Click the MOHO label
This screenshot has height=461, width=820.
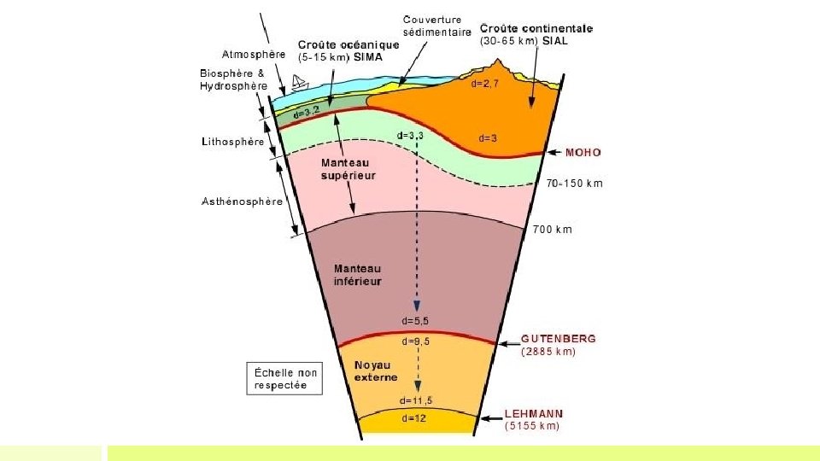(x=583, y=153)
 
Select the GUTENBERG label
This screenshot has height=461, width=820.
(x=558, y=339)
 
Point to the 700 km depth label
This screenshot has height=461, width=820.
(x=553, y=230)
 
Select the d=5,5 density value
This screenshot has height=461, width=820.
(x=416, y=322)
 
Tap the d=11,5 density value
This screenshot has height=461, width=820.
(x=416, y=400)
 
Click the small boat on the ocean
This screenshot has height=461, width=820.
(x=299, y=82)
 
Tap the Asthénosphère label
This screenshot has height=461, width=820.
(x=242, y=202)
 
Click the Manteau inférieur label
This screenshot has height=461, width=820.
(x=357, y=274)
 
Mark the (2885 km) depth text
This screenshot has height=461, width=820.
(x=548, y=351)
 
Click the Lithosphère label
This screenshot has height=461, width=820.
(x=232, y=143)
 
